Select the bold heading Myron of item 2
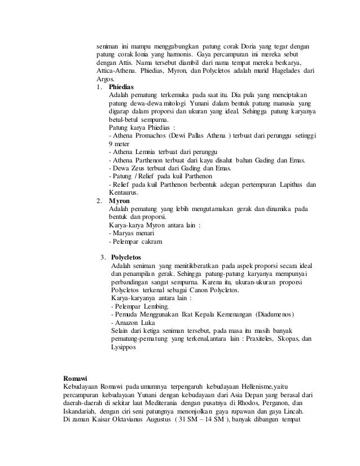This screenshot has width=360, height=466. pyautogui.click(x=118, y=200)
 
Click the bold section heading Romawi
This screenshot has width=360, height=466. pyautogui.click(x=76, y=377)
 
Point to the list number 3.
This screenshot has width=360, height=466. pyautogui.click(x=102, y=258)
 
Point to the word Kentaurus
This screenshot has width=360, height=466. pyautogui.click(x=124, y=192)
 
